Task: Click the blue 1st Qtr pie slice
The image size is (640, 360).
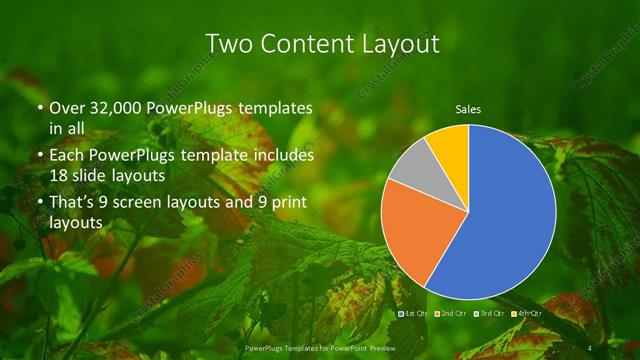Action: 505,220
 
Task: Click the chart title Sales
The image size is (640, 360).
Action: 468,108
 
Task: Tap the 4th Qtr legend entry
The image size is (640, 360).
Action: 529,313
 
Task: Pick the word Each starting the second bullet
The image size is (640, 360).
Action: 66,156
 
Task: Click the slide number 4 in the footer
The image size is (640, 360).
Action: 592,347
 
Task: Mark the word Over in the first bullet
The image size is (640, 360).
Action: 67,108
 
